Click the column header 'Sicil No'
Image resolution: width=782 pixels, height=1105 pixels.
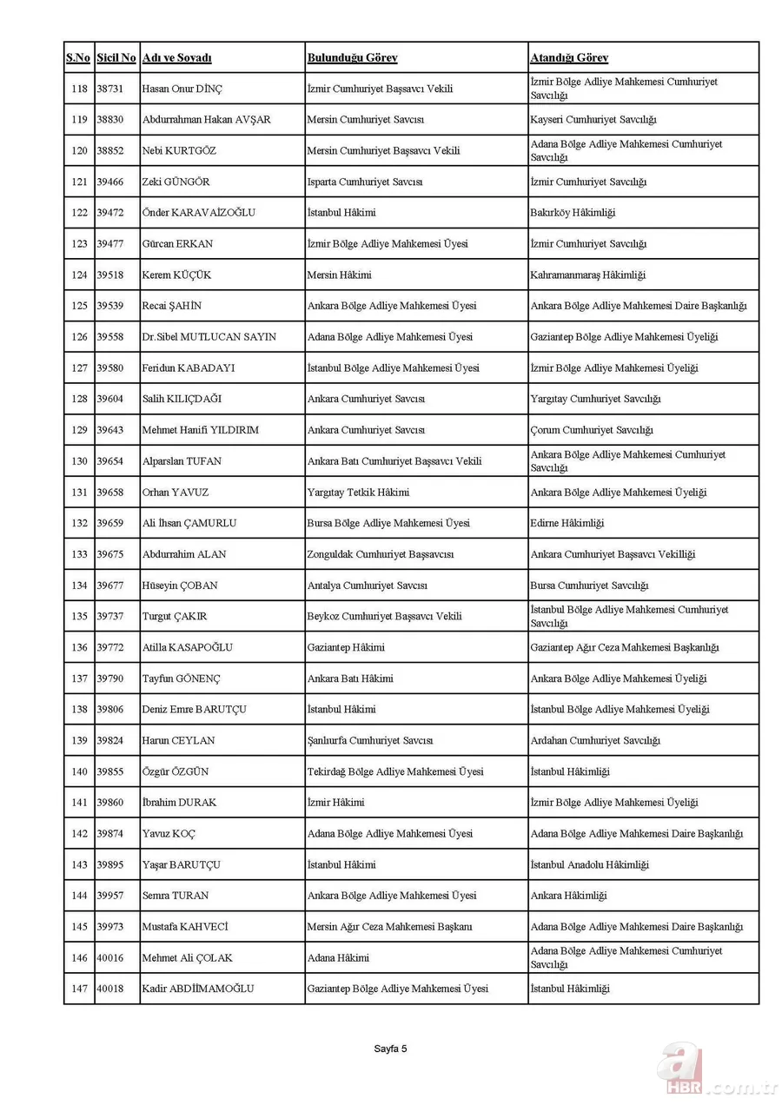116,58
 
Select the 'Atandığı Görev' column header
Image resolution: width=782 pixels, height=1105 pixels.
569,58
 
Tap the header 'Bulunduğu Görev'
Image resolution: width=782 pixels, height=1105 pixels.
352,58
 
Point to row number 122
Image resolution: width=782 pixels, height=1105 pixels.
79,213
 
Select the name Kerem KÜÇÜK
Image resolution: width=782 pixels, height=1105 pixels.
176,275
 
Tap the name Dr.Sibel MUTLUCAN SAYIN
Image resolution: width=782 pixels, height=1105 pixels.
209,337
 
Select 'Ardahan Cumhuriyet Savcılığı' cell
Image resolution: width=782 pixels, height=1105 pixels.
595,741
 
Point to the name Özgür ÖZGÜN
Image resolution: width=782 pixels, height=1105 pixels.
176,772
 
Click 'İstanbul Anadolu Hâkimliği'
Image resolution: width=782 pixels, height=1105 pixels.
589,865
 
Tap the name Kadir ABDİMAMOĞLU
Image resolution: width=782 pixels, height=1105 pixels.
198,989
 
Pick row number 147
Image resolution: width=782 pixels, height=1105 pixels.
79,989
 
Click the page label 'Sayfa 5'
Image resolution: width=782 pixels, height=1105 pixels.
390,1049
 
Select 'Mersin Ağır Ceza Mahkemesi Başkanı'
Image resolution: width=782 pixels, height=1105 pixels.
390,927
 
